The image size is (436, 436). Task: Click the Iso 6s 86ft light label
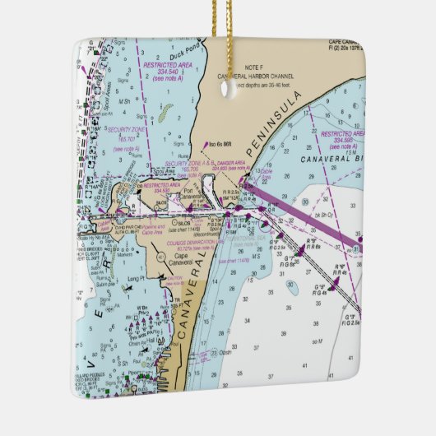[x=225, y=145]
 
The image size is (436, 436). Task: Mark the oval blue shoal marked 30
[x=292, y=287]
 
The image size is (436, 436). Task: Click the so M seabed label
[x=316, y=340]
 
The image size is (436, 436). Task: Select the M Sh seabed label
[x=124, y=101]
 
